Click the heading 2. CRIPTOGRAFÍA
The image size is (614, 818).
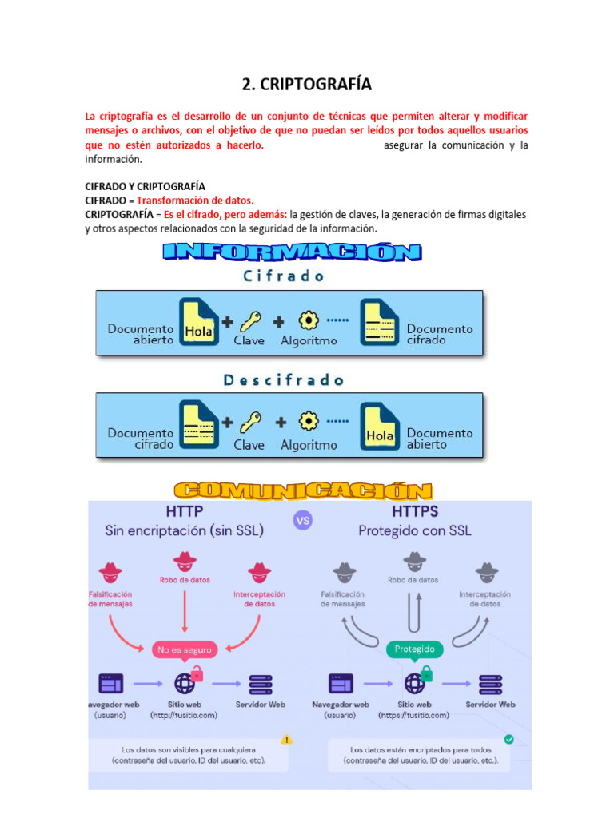(307, 85)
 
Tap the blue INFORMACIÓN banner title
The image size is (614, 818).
(292, 252)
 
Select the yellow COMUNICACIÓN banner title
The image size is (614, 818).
(303, 490)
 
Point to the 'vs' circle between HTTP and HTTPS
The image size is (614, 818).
(303, 520)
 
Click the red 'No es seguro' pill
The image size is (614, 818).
(185, 649)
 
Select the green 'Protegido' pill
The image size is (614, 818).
(414, 649)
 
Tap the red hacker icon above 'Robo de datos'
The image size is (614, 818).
(185, 560)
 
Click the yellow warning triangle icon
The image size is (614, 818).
(287, 739)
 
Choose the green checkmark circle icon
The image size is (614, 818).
(508, 739)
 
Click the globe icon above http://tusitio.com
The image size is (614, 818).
(185, 684)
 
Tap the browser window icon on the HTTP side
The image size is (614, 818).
(110, 684)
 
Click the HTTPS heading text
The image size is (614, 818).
(415, 510)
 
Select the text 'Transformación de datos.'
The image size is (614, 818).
(195, 201)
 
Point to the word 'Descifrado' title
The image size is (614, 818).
(283, 380)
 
